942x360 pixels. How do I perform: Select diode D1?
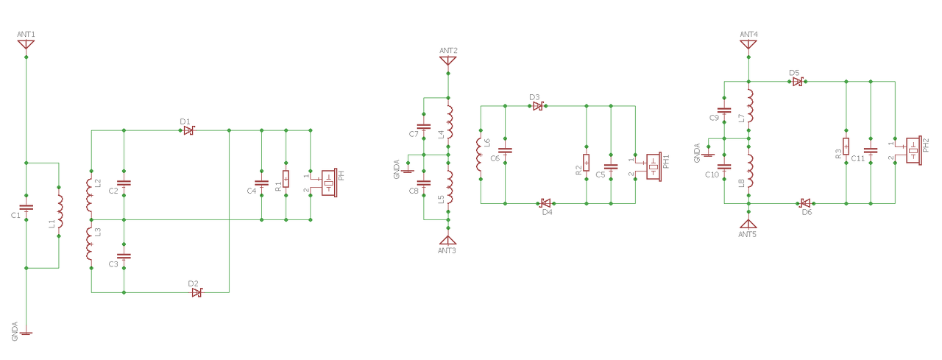(x=189, y=130)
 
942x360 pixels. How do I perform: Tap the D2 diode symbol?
(x=196, y=292)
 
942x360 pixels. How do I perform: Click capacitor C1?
(x=26, y=208)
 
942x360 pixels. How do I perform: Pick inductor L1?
(x=60, y=211)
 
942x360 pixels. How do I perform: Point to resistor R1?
(x=286, y=179)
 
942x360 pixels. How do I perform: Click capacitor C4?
(x=261, y=183)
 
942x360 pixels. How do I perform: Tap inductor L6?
(x=480, y=155)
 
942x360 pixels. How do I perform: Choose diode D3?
(x=538, y=106)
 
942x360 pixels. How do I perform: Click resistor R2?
(x=587, y=163)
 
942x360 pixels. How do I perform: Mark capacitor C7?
(x=423, y=126)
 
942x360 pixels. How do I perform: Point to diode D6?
(x=805, y=203)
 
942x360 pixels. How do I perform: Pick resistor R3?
(x=846, y=147)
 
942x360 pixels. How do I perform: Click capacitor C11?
(x=871, y=150)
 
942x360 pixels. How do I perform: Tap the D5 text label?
(x=794, y=73)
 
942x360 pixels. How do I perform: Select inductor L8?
(x=750, y=171)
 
